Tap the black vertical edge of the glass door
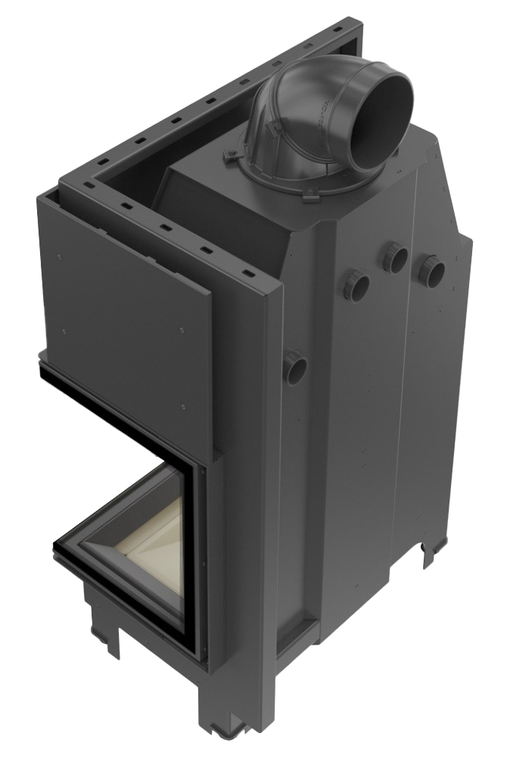point(194,559)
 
